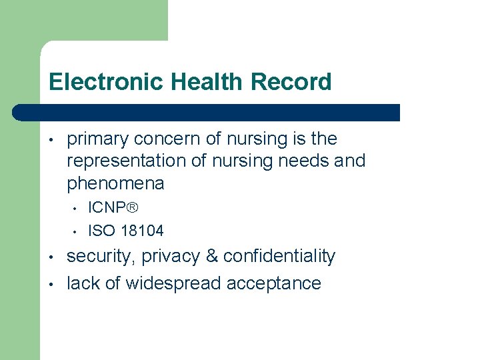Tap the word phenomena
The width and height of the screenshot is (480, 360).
click(x=115, y=183)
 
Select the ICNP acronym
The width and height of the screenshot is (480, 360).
click(x=107, y=207)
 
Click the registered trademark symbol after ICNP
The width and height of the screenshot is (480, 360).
click(x=132, y=207)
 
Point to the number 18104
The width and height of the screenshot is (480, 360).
click(x=141, y=231)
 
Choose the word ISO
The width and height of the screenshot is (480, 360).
click(x=102, y=231)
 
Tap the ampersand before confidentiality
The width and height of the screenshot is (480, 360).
click(x=211, y=257)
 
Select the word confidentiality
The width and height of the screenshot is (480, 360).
click(x=279, y=257)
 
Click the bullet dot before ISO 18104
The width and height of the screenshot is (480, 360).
click(x=75, y=232)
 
